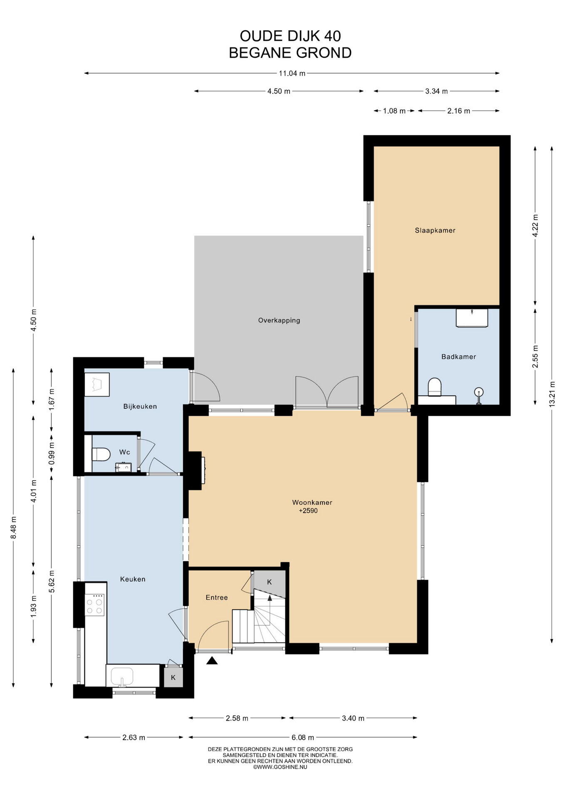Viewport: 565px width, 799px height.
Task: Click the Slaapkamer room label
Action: (435, 230)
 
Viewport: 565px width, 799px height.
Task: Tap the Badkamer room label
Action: (458, 357)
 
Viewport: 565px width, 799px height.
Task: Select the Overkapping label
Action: (279, 320)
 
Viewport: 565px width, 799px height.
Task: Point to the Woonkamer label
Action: (312, 502)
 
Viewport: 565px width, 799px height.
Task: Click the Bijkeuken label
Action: (140, 406)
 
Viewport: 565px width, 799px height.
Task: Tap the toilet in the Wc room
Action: (100, 454)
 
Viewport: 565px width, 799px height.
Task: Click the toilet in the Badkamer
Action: (434, 387)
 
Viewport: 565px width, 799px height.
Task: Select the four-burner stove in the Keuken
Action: (94, 605)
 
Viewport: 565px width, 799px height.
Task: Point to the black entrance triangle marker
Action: (212, 660)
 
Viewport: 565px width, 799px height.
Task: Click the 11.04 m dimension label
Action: (292, 73)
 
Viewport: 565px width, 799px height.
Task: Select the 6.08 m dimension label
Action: (302, 737)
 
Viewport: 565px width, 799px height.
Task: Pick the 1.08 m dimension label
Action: (394, 111)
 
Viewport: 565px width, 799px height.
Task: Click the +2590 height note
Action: (308, 511)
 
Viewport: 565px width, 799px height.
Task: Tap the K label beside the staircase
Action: (269, 582)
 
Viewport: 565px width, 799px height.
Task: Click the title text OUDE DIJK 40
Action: (290, 36)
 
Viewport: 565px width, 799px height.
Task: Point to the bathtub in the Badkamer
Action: (472, 318)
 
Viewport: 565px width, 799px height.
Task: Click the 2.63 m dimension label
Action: (134, 737)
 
